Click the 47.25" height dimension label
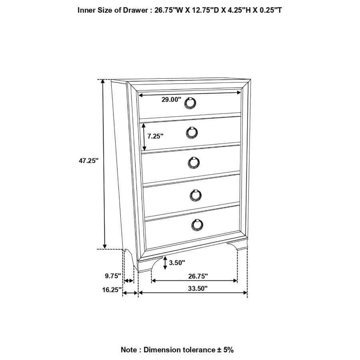click(x=88, y=160)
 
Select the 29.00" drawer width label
click(x=171, y=100)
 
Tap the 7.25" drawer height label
click(x=156, y=136)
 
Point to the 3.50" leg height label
click(x=177, y=263)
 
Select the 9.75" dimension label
click(x=113, y=276)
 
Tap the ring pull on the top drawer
click(x=190, y=103)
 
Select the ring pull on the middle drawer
click(x=194, y=162)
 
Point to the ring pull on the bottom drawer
click(x=196, y=225)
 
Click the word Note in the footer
click(x=129, y=350)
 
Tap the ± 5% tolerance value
click(x=225, y=350)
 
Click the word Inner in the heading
click(x=87, y=10)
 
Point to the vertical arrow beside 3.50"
click(x=165, y=263)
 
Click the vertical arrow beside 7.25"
click(x=143, y=136)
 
